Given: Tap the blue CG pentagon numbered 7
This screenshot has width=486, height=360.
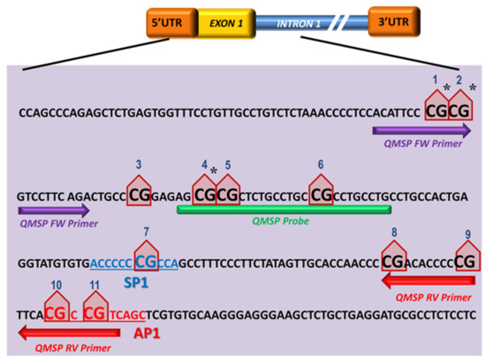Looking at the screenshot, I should (145, 259).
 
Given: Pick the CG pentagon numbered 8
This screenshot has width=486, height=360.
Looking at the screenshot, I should (393, 258).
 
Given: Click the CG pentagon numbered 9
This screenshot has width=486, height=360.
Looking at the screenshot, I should (466, 258).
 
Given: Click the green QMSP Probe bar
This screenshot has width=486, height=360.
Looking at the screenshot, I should (283, 210).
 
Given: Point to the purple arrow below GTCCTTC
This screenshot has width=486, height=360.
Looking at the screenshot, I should (53, 211).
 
